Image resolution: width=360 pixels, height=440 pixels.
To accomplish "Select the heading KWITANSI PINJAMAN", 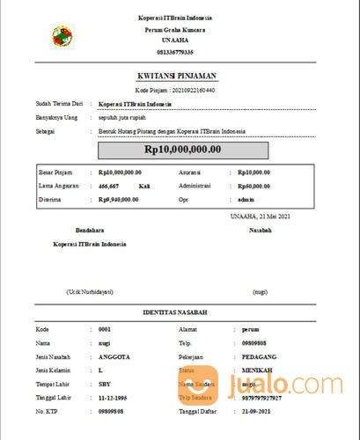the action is (181, 77).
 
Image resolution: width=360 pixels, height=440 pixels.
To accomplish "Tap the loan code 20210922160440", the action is (195, 91).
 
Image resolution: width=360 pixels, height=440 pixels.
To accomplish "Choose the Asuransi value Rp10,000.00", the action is (253, 172).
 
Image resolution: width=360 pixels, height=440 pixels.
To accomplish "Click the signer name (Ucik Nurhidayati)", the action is (89, 290).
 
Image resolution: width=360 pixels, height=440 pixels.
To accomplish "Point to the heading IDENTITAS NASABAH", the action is (180, 313).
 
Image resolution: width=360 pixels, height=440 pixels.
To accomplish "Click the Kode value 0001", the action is (105, 327).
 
